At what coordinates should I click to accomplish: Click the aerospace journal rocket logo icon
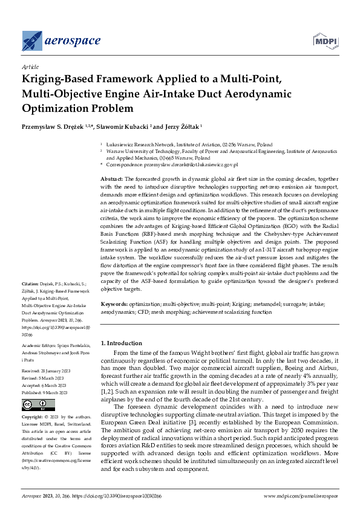coord(31,41)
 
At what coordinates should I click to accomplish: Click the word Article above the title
coord(30,66)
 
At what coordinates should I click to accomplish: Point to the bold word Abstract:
coord(111,180)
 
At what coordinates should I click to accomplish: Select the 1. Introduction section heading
coord(122,343)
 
